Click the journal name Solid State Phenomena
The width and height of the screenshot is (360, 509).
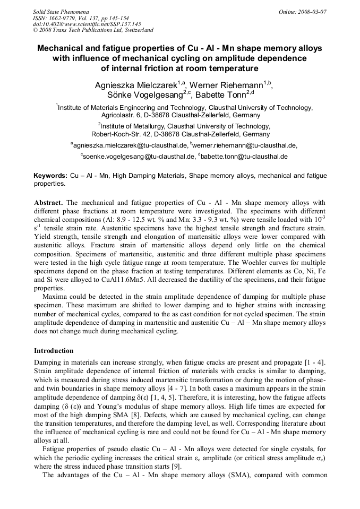coord(61,11)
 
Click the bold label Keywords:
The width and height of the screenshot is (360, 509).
coord(50,176)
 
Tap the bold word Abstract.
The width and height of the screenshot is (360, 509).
coord(49,203)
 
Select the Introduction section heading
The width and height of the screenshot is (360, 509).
coord(54,351)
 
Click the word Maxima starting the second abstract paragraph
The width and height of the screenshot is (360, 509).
coord(55,296)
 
